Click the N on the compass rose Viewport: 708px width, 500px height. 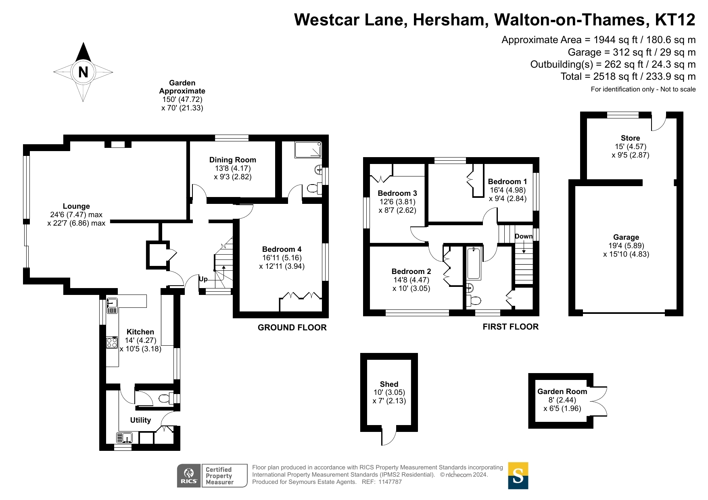point(83,72)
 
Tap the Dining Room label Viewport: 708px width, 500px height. point(233,160)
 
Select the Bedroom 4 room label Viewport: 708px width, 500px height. point(282,249)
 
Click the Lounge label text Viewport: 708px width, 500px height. point(76,206)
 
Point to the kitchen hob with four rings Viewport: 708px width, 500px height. point(112,342)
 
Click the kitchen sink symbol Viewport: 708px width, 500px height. point(112,305)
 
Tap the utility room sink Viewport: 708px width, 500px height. point(125,438)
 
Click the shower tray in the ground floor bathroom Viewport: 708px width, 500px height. point(308,149)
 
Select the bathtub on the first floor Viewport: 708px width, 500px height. point(474,263)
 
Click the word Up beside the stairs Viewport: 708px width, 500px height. point(203,279)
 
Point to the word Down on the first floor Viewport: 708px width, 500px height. point(524,236)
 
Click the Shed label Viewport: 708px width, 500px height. point(389,384)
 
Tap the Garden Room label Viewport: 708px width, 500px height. point(562,391)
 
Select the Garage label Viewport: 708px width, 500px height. point(626,237)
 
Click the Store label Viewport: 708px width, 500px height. point(630,138)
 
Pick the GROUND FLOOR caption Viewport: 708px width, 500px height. point(292,328)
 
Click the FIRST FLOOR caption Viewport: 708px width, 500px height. point(511,327)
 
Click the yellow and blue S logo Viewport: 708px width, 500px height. point(518,475)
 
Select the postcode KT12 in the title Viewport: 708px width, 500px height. point(675,20)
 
